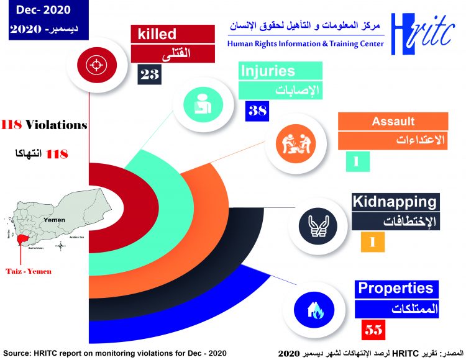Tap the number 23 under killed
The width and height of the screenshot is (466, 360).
click(x=150, y=75)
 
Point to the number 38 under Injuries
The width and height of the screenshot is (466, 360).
click(x=257, y=112)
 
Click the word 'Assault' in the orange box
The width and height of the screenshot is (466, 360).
click(x=393, y=122)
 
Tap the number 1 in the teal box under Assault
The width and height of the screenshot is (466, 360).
click(x=357, y=161)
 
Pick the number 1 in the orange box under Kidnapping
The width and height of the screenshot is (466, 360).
click(x=372, y=241)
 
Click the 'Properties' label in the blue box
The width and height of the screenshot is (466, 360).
click(x=395, y=288)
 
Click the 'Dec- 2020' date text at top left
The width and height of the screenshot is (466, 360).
click(x=39, y=11)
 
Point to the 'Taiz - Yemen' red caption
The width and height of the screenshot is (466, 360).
click(x=29, y=271)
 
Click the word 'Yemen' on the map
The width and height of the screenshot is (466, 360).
click(x=55, y=220)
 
